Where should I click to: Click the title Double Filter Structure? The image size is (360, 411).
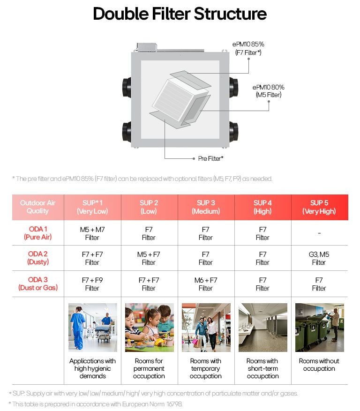click(x=180, y=14)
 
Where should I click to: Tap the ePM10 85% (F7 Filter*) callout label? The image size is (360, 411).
click(x=248, y=48)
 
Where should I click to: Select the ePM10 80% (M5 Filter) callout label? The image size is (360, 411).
click(x=268, y=91)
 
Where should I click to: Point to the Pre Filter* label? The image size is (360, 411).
click(x=210, y=158)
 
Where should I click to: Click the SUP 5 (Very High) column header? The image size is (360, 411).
click(x=319, y=207)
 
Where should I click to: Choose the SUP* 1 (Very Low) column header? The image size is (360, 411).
click(x=92, y=207)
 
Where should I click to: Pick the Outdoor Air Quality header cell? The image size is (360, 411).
click(x=37, y=207)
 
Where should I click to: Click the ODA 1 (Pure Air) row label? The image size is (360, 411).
click(x=37, y=233)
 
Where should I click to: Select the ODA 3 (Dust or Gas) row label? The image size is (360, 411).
click(x=37, y=284)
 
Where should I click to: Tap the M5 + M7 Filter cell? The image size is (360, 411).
click(x=92, y=233)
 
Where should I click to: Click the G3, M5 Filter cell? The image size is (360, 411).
click(x=319, y=259)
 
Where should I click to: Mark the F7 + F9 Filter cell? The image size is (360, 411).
click(x=92, y=284)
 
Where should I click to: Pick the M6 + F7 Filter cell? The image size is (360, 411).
click(x=206, y=284)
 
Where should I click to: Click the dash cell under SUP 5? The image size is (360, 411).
click(x=319, y=233)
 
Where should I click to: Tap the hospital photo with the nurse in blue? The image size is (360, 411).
click(x=93, y=328)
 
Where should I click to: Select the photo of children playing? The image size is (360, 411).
click(x=149, y=328)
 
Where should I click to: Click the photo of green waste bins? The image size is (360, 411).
click(x=319, y=328)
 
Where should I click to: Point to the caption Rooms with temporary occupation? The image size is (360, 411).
click(x=206, y=368)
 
